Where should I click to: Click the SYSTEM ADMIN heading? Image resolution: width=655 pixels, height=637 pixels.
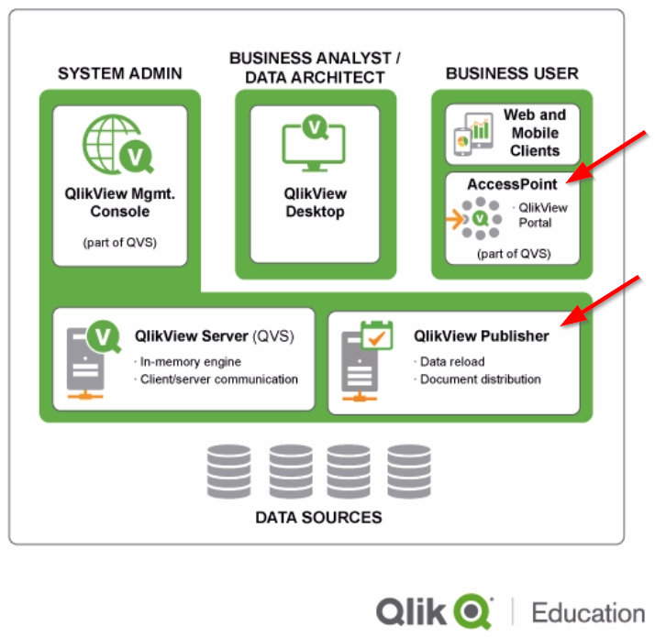point(120,73)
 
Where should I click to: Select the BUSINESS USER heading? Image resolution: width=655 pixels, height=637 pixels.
point(512,73)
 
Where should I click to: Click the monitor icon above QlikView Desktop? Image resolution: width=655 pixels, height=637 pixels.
point(315,145)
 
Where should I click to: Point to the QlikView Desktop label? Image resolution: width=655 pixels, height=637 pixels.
point(315,203)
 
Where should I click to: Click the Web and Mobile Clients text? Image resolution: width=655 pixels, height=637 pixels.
point(535,133)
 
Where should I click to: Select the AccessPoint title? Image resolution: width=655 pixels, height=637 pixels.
point(512,184)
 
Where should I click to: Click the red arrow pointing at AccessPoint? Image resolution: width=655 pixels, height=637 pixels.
point(609,156)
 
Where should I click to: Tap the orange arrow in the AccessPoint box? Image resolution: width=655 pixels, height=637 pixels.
point(453,220)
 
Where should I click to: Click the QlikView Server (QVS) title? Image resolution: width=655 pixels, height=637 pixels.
point(214,335)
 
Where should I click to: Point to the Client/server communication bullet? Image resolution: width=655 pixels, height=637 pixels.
point(218,379)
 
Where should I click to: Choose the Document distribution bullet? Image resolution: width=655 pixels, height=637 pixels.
point(479,379)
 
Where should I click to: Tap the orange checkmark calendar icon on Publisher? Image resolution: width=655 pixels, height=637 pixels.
point(374,335)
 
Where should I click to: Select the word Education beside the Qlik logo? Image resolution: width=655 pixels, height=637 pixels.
point(588,612)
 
